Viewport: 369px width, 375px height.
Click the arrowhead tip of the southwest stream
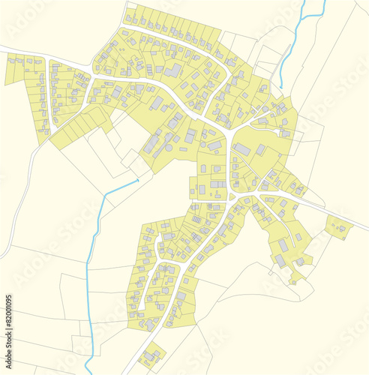[139, 180]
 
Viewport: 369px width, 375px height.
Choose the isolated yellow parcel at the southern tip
[152, 354]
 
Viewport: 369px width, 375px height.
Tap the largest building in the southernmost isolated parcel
[153, 353]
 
